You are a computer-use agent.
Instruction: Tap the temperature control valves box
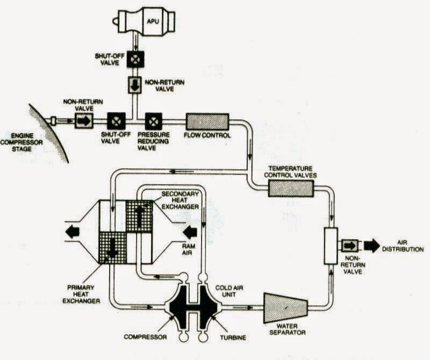pyautogui.click(x=289, y=188)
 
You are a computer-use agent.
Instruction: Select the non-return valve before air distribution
pyautogui.click(x=350, y=246)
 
